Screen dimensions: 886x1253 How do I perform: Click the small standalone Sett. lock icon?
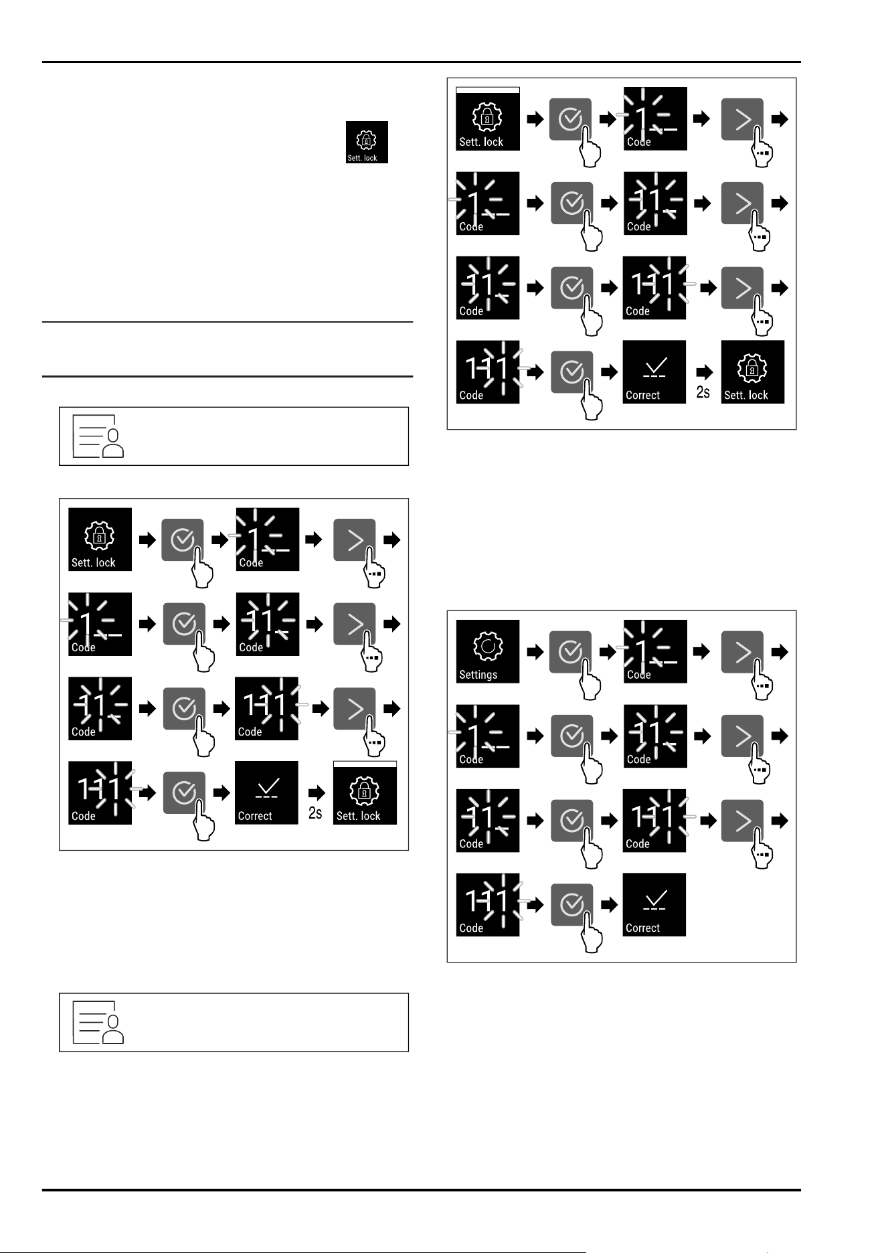[x=367, y=142]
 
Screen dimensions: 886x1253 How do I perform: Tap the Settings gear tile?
[x=488, y=651]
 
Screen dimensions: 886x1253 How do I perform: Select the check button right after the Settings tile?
[x=570, y=651]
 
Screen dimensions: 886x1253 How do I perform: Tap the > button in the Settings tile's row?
[x=742, y=651]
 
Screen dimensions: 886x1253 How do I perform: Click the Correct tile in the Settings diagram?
[x=654, y=904]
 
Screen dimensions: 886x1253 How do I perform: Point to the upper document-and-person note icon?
[x=98, y=436]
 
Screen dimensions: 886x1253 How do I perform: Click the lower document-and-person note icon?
[x=98, y=1023]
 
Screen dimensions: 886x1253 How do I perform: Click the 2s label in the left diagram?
[x=315, y=813]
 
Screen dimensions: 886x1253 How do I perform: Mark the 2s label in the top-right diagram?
[x=703, y=392]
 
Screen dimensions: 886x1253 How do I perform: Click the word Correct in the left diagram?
[x=255, y=816]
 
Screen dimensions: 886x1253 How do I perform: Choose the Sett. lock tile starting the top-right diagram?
[x=488, y=118]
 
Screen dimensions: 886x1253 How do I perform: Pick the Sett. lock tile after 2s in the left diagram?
[x=365, y=792]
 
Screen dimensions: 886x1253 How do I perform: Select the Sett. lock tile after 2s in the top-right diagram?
[x=753, y=371]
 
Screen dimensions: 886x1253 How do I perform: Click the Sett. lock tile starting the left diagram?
[x=100, y=539]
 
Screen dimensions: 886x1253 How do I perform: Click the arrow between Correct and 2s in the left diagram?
[x=317, y=792]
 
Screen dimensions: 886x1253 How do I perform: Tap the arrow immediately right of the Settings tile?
[x=535, y=651]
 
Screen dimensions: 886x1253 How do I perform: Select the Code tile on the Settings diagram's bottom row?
[x=488, y=904]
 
